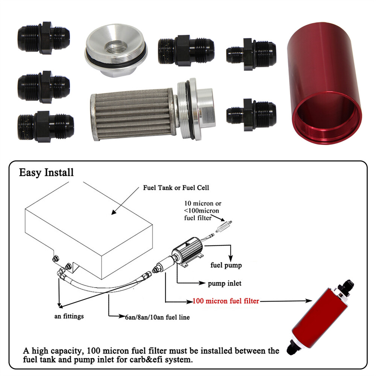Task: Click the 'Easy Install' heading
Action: pos(46,173)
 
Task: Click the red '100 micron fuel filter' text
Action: pos(226,301)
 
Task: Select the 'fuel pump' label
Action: pos(226,265)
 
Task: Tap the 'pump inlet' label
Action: pos(224,283)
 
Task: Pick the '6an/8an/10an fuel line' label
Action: pos(157,317)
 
